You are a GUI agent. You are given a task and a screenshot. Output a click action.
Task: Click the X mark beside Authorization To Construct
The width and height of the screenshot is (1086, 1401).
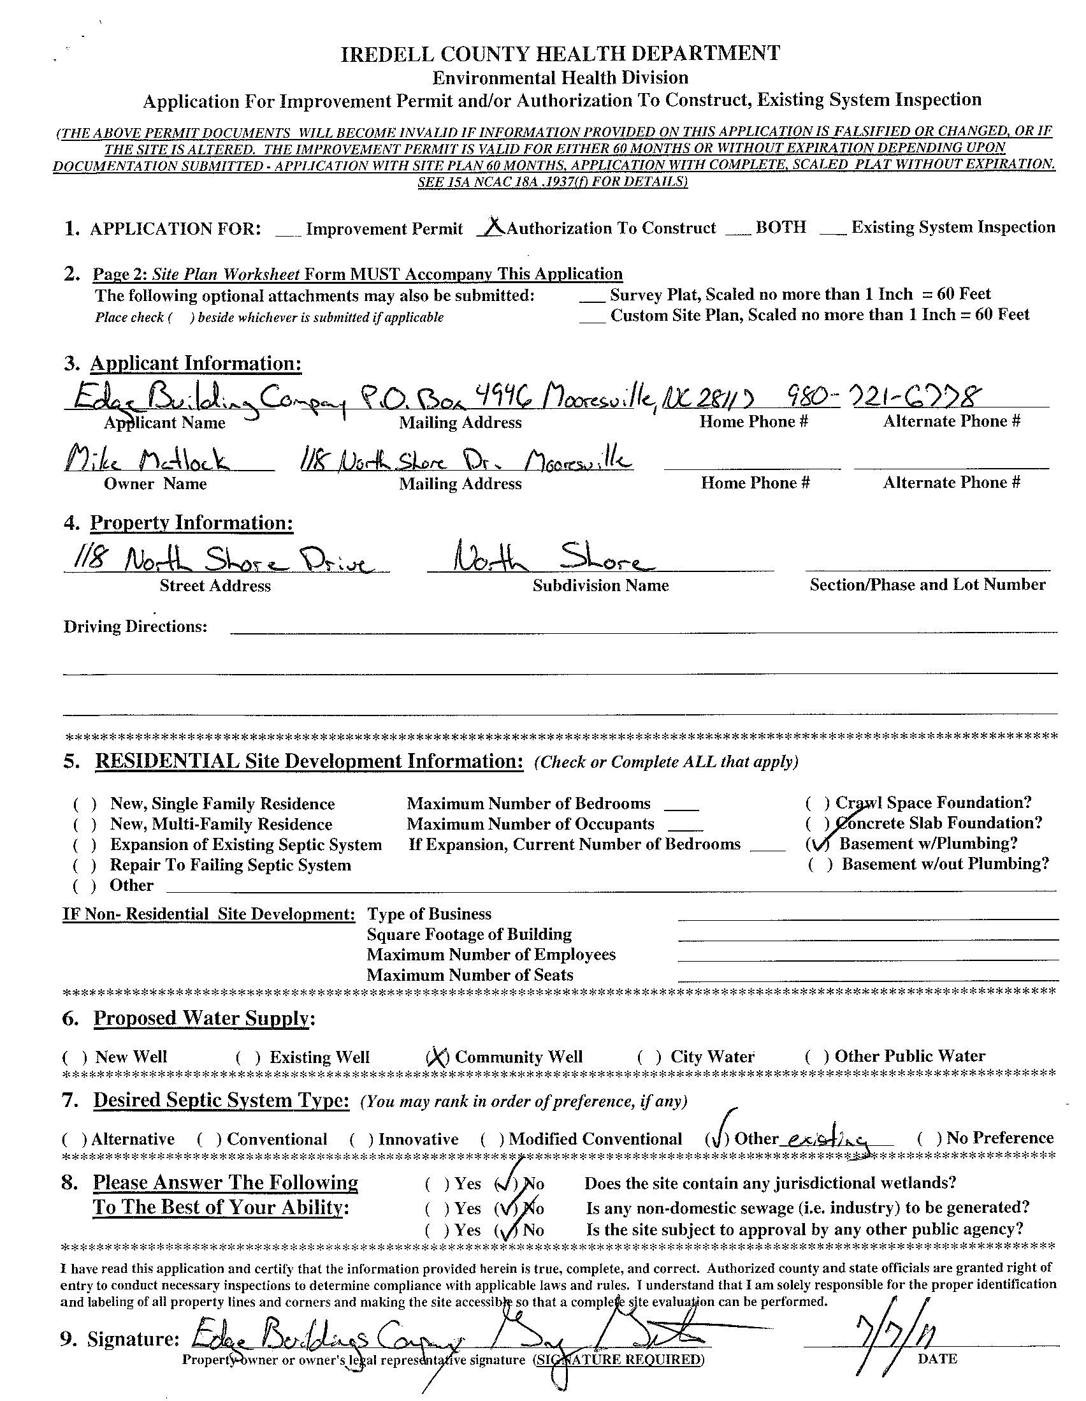[493, 227]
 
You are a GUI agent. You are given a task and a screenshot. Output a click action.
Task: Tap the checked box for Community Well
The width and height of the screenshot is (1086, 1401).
[437, 1057]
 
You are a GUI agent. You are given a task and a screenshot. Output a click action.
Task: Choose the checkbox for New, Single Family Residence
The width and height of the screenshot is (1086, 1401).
[85, 804]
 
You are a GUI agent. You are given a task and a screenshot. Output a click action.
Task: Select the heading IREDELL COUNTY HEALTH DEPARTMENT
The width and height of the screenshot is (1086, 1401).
[560, 53]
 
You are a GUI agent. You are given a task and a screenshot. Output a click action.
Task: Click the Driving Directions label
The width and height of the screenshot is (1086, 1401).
[135, 627]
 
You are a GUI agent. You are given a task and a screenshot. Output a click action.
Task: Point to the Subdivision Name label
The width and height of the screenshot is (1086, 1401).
[600, 585]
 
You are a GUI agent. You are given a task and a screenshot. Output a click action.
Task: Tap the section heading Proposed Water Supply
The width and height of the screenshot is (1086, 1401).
[201, 1018]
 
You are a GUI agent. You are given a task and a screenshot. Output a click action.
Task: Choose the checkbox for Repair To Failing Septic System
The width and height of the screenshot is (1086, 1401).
[85, 866]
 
